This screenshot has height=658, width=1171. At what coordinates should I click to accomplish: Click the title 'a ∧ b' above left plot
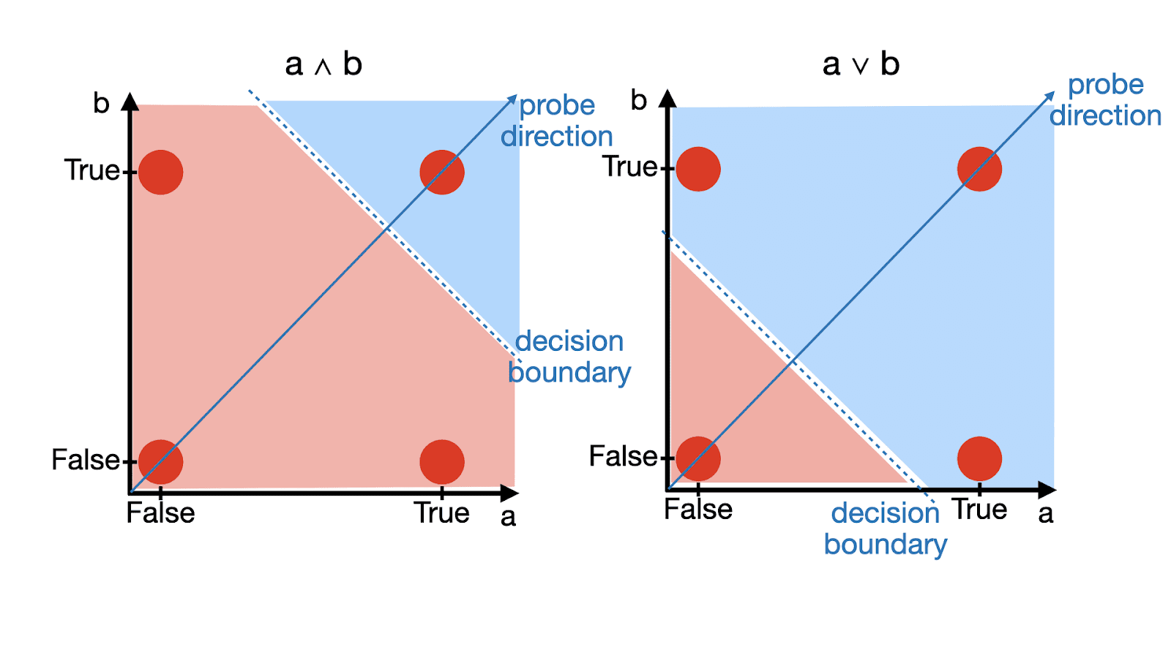[x=323, y=65]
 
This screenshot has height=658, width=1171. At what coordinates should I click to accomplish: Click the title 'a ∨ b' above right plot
[x=861, y=64]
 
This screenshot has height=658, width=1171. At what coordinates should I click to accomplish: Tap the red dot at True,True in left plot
[x=442, y=173]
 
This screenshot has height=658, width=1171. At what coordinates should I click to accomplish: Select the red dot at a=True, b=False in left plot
[x=442, y=461]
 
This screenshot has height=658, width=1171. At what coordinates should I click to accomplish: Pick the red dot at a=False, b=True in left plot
[x=160, y=173]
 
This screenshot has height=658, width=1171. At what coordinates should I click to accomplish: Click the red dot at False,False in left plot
[x=160, y=461]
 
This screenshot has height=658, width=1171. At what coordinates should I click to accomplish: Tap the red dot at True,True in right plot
[x=979, y=169]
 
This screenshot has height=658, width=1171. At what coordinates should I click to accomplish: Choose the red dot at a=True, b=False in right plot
[x=979, y=458]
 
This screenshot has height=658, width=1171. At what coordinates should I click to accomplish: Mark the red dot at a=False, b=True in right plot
[x=698, y=169]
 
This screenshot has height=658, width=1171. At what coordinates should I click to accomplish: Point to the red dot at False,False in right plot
[x=698, y=458]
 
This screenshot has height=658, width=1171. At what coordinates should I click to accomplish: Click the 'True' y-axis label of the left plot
[x=91, y=170]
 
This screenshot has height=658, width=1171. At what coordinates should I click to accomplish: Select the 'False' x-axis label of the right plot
[x=698, y=510]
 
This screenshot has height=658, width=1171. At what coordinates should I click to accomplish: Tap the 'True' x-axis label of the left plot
[x=441, y=513]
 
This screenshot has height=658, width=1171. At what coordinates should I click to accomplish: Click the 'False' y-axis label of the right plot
[x=623, y=457]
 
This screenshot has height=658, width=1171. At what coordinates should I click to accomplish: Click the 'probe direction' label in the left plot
[x=557, y=121]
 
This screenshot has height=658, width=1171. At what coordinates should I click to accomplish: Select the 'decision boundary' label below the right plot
[x=886, y=529]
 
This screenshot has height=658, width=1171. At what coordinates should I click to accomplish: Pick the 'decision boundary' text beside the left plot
[x=569, y=357]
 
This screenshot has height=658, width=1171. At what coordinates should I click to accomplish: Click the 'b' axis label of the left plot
[x=101, y=104]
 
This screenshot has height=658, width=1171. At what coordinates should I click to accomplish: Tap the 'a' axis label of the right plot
[x=1046, y=514]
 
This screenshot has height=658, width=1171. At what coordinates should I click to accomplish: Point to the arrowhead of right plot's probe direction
[x=1051, y=94]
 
